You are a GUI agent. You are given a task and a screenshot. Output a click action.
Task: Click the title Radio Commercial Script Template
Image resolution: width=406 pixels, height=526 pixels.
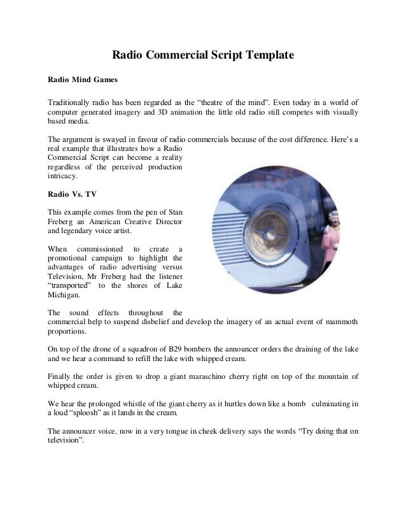(203, 55)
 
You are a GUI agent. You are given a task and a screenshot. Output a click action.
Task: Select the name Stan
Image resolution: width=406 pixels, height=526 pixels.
(174, 211)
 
